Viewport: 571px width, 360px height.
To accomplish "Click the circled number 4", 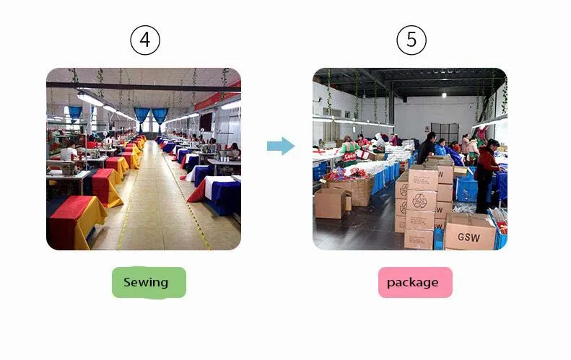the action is (x=144, y=40).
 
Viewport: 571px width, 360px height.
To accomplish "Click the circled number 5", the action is (x=411, y=40).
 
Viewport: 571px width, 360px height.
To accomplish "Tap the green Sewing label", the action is (x=149, y=282).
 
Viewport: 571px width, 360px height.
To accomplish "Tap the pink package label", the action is (x=415, y=282).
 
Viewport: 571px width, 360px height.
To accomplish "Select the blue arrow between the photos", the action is (x=280, y=146).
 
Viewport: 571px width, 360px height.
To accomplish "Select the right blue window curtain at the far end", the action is (x=160, y=115).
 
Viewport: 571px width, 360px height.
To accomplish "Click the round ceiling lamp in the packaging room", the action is (x=443, y=95).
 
